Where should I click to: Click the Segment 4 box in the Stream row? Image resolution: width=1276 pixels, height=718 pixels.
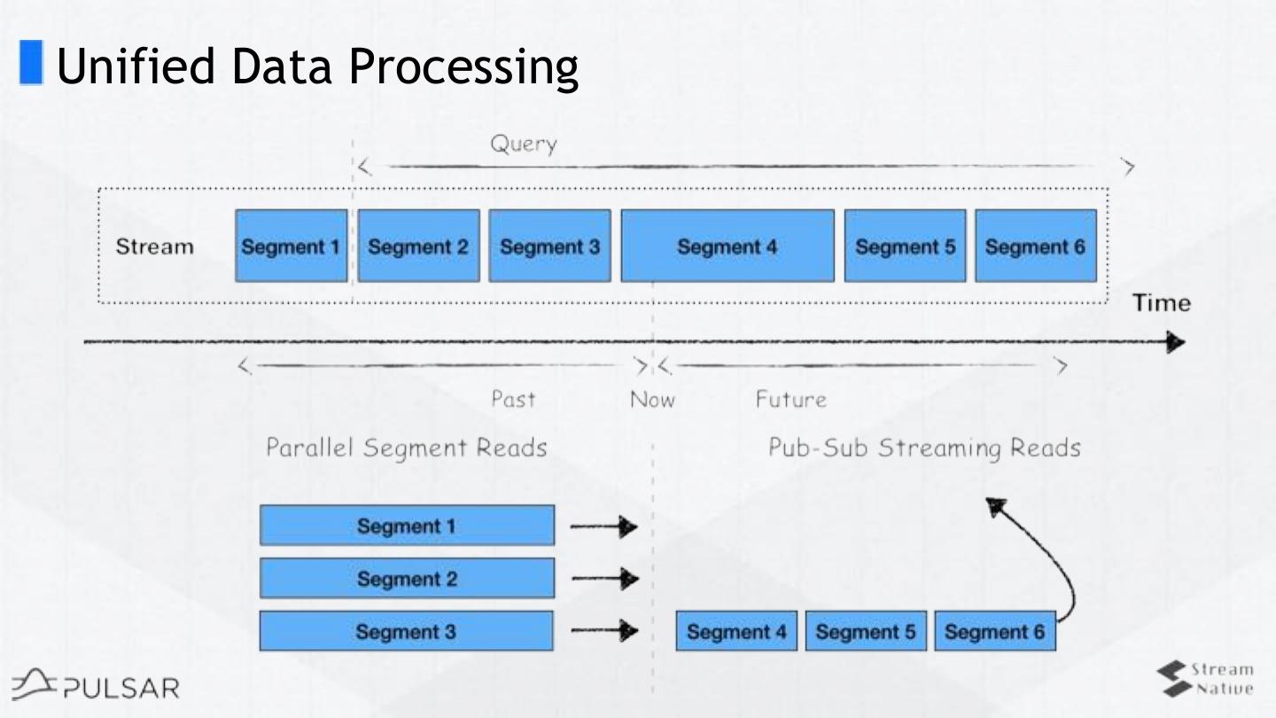[727, 246]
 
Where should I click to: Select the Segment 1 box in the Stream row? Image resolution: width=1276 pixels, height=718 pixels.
[291, 246]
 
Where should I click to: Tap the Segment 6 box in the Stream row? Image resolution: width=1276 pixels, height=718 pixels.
[1035, 246]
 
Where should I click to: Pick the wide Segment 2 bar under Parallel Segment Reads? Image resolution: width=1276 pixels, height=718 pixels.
[407, 579]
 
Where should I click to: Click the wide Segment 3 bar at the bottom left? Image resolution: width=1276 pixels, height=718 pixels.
[407, 631]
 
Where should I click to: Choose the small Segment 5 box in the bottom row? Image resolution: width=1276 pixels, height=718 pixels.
[866, 631]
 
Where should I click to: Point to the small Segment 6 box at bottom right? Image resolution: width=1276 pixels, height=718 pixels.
[994, 631]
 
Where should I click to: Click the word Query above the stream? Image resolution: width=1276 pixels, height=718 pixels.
[524, 144]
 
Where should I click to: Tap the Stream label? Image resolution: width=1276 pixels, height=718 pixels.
[154, 246]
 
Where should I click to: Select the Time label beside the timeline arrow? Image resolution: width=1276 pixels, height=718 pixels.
[1162, 303]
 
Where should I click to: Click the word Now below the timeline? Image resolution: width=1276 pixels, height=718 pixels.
[652, 400]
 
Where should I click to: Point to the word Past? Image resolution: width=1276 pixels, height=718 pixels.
[513, 400]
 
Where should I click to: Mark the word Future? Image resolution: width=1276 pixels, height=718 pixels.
[790, 400]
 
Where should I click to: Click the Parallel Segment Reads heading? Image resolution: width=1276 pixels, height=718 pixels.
[407, 448]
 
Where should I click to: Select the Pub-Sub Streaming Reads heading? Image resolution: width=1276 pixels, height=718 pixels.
[924, 448]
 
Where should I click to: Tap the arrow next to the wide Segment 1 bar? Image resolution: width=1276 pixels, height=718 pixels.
[604, 527]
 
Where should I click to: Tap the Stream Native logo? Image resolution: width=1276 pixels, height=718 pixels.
[1206, 678]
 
